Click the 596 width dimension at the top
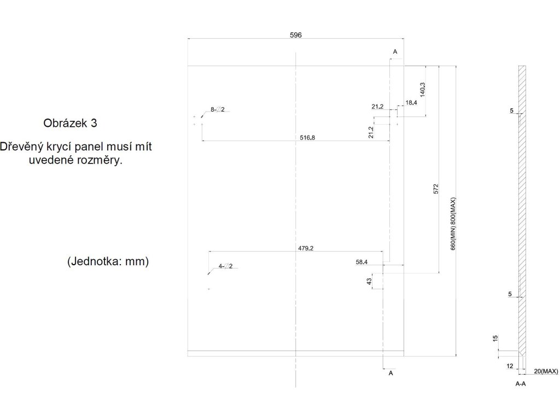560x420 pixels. tap(296, 34)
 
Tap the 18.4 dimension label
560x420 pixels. tap(411, 103)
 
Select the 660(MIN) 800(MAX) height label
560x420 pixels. tap(453, 224)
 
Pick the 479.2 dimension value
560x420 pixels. tap(306, 248)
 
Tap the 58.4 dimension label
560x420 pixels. tap(361, 262)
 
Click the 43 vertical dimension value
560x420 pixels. tap(369, 281)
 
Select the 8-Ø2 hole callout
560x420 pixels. tap(218, 109)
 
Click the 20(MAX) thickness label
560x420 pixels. tap(545, 371)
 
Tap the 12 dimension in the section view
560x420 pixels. tap(510, 365)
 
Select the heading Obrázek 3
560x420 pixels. tap(70, 123)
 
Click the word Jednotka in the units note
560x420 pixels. tap(96, 262)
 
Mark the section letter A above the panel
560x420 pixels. tap(395, 51)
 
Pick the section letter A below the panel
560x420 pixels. tap(390, 373)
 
